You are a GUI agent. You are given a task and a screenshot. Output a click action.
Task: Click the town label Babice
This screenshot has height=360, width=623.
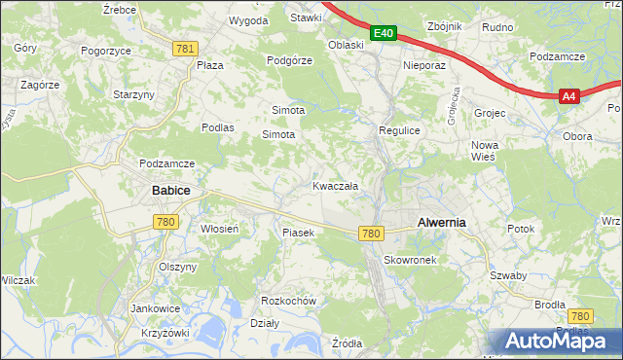click(x=169, y=192)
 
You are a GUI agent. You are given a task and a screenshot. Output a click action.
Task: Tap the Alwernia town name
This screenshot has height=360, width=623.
click(x=441, y=222)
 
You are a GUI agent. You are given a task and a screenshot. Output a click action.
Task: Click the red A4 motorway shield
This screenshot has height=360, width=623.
click(x=569, y=95)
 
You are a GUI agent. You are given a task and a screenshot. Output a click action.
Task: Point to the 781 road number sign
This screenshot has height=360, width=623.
click(x=185, y=49)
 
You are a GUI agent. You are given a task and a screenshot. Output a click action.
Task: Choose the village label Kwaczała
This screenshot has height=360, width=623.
click(x=335, y=186)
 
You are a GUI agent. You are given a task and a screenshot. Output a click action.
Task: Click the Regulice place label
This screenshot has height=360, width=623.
click(x=398, y=129)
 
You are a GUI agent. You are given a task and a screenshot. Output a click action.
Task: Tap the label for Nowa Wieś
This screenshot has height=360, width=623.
click(x=484, y=150)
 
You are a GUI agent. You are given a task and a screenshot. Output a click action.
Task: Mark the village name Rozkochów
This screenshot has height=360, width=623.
click(x=289, y=301)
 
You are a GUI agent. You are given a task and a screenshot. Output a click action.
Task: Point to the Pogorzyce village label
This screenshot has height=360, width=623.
click(x=106, y=50)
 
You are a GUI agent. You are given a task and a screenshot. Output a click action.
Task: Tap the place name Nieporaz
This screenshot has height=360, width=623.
click(x=423, y=66)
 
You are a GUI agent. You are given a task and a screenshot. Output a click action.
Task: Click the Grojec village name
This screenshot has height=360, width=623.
click(x=490, y=113)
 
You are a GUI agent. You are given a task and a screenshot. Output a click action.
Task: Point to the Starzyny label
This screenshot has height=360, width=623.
click(x=133, y=94)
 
